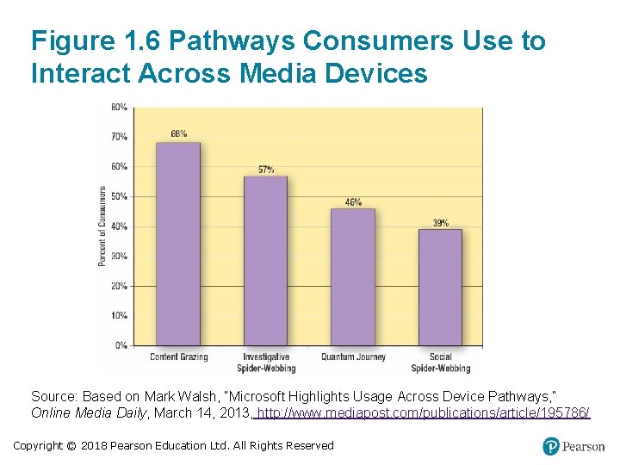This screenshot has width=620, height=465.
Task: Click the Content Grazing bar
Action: click(177, 245)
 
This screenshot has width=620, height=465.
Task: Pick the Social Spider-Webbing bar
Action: click(440, 288)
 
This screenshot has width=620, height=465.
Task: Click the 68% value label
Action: click(178, 134)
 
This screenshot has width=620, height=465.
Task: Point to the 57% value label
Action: click(265, 169)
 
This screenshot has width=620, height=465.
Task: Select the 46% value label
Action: click(353, 201)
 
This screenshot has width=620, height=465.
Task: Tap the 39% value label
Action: click(440, 223)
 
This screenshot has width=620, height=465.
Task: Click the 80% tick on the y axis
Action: click(120, 108)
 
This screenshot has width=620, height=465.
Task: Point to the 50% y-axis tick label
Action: click(120, 196)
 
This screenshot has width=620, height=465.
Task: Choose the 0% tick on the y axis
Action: click(121, 345)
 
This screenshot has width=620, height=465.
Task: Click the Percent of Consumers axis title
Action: click(102, 226)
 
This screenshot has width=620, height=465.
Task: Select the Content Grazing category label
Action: click(177, 356)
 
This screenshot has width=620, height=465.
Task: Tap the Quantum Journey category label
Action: click(353, 356)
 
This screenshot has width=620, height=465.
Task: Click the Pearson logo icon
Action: click(551, 446)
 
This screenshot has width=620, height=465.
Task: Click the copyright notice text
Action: click(173, 445)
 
